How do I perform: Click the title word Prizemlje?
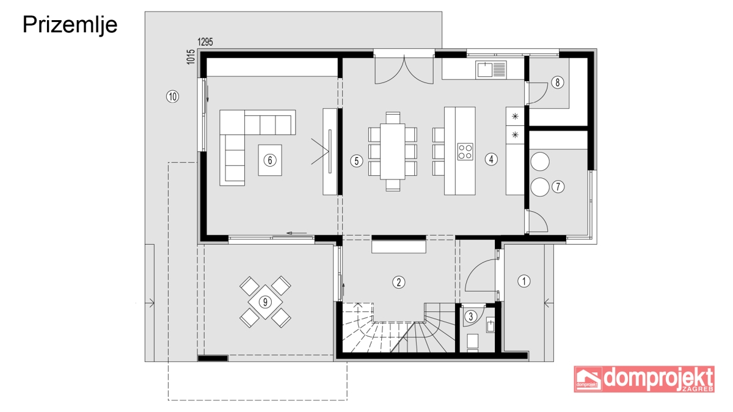(x=70, y=25)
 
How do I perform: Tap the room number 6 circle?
(x=270, y=160)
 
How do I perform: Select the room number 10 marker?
(x=172, y=96)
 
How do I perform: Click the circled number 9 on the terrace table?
(x=265, y=302)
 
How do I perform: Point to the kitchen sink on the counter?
(x=491, y=70)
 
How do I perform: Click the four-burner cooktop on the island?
(x=465, y=152)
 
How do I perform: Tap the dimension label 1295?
(x=205, y=42)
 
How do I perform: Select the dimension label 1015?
(x=191, y=57)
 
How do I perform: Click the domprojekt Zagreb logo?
(x=644, y=379)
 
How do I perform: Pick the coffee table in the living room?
(x=270, y=160)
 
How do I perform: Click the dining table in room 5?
(x=392, y=151)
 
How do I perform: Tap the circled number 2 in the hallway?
(x=398, y=282)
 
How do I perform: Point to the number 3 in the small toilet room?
(x=470, y=316)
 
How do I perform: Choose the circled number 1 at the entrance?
(x=524, y=281)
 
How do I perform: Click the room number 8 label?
(x=558, y=82)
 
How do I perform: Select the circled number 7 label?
(x=558, y=187)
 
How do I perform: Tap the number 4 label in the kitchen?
(x=491, y=159)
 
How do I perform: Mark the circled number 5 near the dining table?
(x=356, y=161)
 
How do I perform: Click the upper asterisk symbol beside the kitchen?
(x=515, y=116)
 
